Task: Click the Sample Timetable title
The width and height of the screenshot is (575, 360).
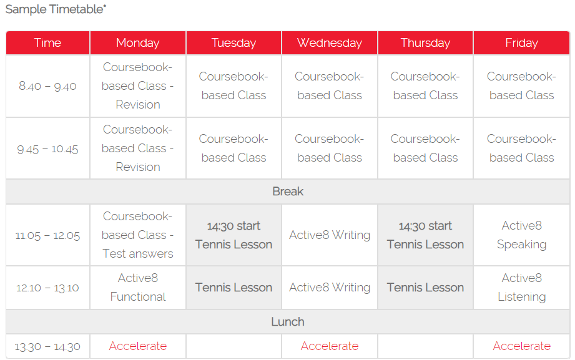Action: click(56, 9)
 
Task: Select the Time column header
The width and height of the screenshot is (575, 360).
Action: click(47, 43)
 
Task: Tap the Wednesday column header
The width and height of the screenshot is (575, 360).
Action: click(329, 43)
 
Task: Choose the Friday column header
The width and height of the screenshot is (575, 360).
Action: click(521, 43)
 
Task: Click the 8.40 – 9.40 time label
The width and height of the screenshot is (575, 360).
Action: click(47, 86)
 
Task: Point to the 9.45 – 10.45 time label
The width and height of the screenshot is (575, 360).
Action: click(47, 149)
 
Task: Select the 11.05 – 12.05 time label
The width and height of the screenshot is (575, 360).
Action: click(47, 235)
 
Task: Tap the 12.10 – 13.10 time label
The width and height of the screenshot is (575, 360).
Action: click(47, 288)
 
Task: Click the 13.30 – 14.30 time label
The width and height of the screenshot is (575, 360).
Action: click(47, 346)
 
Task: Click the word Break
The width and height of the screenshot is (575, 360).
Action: click(288, 192)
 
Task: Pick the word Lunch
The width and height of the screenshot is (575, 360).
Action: click(288, 322)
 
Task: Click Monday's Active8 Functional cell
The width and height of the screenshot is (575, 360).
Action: click(138, 288)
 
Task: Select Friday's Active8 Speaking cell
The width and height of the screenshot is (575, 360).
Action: click(521, 235)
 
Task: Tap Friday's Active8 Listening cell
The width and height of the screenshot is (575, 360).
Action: click(521, 288)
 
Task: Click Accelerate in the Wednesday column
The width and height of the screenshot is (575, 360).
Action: click(329, 346)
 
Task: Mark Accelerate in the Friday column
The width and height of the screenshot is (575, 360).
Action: click(521, 346)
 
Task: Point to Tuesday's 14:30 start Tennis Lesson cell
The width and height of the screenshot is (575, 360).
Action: click(233, 235)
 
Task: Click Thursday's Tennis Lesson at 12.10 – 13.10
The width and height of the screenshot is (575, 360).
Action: click(425, 288)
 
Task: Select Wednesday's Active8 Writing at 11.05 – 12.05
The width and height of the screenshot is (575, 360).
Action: click(329, 235)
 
